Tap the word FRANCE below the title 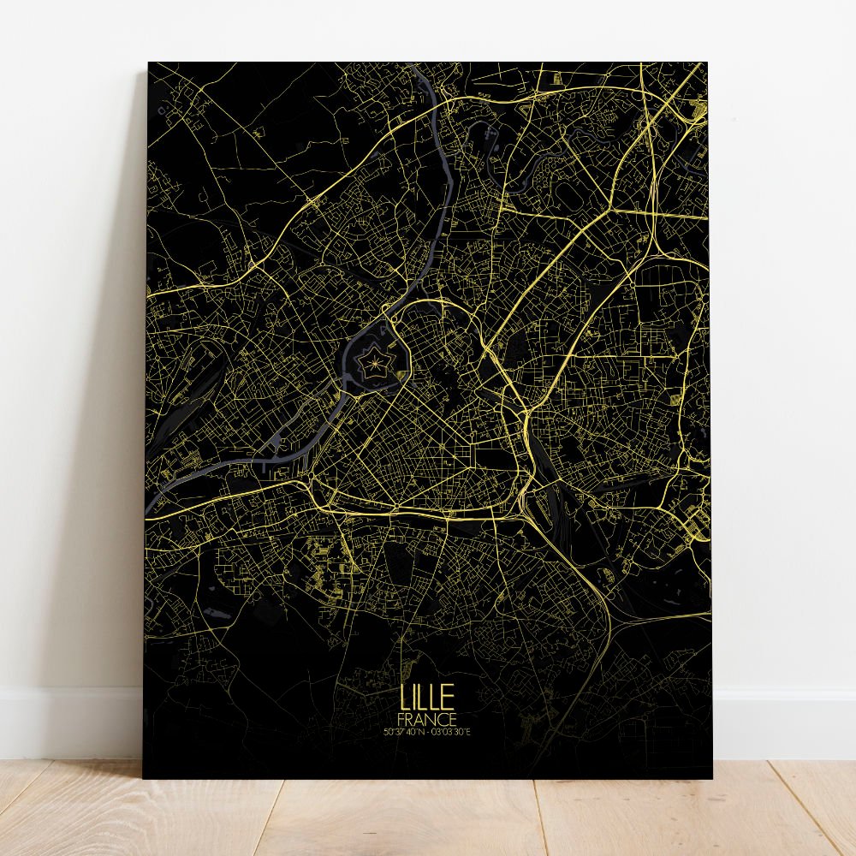(427, 719)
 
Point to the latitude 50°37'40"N (405, 731)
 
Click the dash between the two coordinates (428, 731)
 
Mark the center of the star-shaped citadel (375, 367)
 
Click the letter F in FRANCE (402, 719)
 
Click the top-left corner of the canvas (149, 63)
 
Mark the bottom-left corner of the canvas (144, 777)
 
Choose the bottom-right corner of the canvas (711, 777)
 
